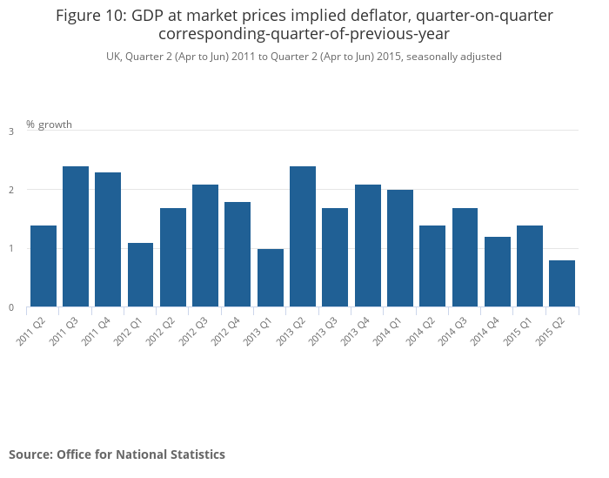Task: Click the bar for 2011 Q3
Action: click(x=76, y=236)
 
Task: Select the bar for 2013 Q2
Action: click(x=303, y=236)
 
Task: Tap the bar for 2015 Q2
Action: click(x=562, y=283)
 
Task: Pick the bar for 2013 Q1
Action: click(x=271, y=278)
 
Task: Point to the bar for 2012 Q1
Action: click(x=141, y=274)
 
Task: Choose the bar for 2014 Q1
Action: click(x=400, y=248)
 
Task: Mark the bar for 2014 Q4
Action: click(x=498, y=272)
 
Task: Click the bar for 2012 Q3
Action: click(x=205, y=246)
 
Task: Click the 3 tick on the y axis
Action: click(x=11, y=131)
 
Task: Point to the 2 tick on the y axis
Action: click(x=11, y=190)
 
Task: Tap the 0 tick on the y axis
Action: click(x=11, y=307)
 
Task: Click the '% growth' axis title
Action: click(x=49, y=125)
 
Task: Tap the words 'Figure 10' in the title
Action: click(x=88, y=16)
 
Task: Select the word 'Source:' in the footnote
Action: click(x=30, y=454)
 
